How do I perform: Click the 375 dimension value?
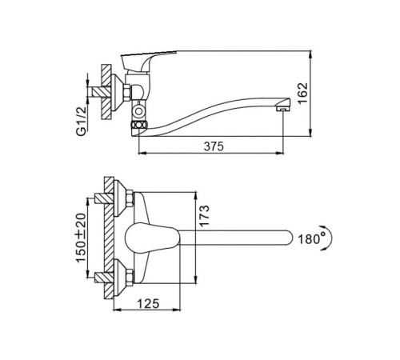(214, 146)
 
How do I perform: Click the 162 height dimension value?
(302, 94)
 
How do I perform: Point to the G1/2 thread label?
(82, 121)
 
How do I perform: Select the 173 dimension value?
(205, 216)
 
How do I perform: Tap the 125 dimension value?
(148, 303)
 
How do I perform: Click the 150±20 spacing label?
(82, 238)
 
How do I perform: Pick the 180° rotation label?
(311, 239)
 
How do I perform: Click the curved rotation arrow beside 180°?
(330, 238)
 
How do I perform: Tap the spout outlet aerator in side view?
(282, 109)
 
